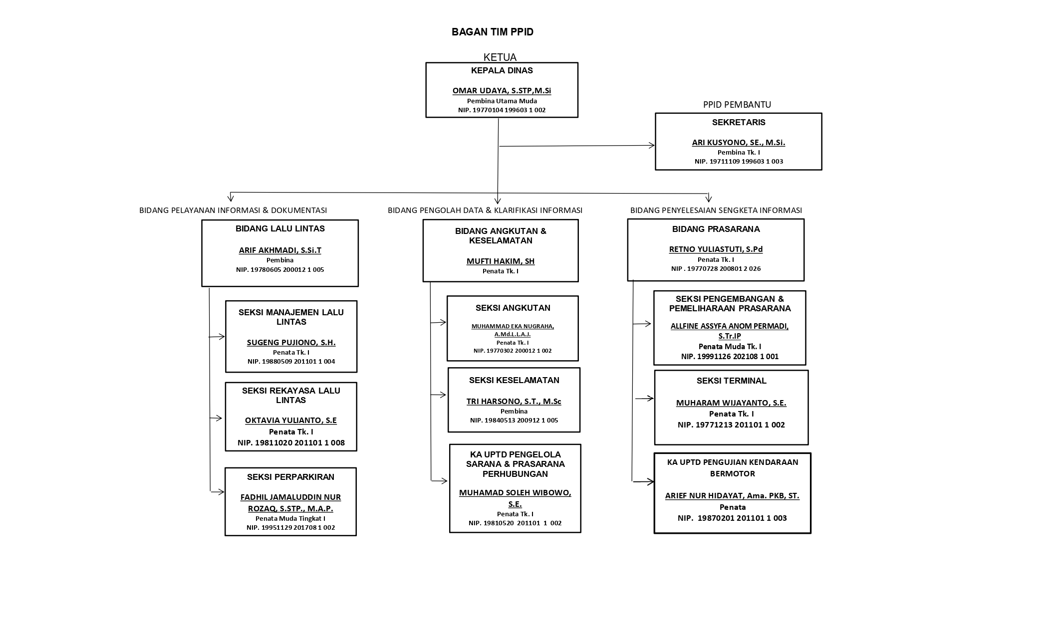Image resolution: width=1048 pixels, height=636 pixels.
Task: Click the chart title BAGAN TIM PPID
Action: coord(493,32)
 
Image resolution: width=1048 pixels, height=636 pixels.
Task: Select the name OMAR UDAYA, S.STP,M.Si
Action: coord(502,91)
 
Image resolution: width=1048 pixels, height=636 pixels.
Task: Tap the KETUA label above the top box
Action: coord(500,57)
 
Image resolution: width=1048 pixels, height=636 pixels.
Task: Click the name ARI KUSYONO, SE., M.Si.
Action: coord(739,143)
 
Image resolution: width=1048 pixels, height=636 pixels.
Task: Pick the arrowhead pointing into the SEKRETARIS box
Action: coord(651,146)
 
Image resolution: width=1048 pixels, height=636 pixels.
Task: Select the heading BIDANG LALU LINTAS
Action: coord(280,229)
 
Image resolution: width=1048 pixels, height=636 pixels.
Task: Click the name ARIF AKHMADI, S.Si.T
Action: coord(280,250)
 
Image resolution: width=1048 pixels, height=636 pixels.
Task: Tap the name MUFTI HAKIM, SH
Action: coord(501,261)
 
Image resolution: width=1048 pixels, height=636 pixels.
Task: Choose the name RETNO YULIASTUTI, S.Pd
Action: coord(716,249)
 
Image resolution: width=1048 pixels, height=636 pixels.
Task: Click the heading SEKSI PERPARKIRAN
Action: coord(290,477)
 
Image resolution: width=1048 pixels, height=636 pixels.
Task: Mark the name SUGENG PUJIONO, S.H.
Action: coord(291,343)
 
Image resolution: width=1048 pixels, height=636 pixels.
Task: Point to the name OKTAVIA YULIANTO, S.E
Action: coord(291,421)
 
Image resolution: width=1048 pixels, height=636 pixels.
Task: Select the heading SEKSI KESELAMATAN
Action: coord(514,381)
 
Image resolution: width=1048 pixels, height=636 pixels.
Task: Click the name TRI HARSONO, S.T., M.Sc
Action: coord(514,402)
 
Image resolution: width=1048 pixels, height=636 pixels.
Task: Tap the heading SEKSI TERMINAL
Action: coord(731,381)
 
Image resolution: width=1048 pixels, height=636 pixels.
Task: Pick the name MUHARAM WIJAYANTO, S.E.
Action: coord(731,403)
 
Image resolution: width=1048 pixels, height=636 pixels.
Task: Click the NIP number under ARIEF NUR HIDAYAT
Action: coord(732,518)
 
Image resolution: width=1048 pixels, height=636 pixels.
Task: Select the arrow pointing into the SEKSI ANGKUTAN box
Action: coord(438,323)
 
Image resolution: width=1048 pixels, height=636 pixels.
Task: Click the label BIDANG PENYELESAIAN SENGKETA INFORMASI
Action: coord(716,211)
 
